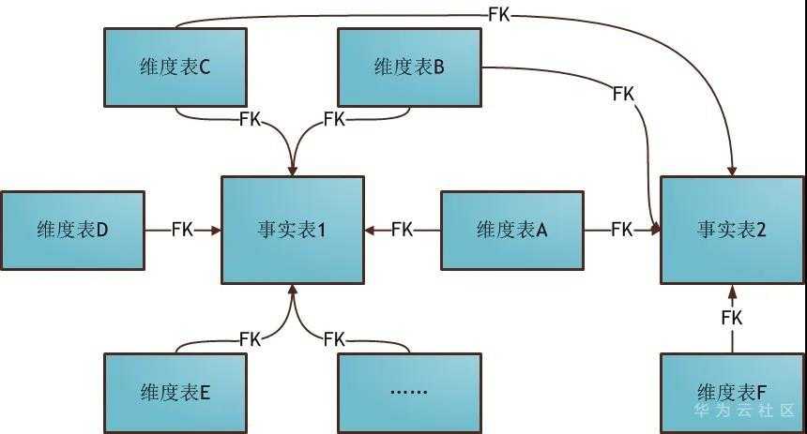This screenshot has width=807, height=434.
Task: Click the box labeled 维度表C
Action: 175,67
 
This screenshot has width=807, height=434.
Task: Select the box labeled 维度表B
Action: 409,67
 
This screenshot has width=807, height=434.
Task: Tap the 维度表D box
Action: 73,230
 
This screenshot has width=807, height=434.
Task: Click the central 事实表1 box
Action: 292,230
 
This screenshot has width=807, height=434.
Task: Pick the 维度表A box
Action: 511,230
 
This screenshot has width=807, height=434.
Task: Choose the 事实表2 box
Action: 732,230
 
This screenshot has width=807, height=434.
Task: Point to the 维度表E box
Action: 175,392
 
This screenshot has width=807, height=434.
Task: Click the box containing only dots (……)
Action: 409,392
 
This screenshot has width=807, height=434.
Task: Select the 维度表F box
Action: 732,392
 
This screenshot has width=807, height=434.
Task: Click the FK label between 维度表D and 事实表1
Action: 183,230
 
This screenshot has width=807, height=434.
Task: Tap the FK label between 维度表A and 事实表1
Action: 403,230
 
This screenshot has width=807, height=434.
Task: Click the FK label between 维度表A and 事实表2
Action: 621,230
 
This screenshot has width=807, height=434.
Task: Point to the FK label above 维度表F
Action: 732,318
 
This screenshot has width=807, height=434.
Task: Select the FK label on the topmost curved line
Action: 501,14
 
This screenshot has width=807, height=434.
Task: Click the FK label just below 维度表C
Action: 251,119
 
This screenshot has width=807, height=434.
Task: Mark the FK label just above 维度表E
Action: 251,338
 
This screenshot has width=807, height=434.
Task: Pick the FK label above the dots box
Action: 334,338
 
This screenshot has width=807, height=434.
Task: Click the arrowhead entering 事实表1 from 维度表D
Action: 216,230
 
